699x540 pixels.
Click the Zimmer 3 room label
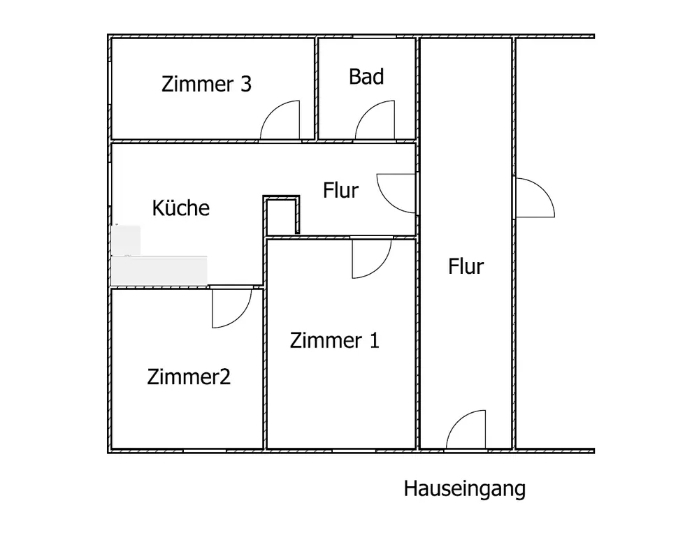point(206,85)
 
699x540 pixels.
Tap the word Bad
point(366,77)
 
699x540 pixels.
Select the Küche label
point(181,207)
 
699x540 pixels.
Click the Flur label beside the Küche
point(340,190)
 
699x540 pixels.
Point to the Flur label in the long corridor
point(466,266)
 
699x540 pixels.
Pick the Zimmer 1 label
point(334,341)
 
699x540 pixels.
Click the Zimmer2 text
point(189,377)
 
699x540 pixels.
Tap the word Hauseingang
point(464,489)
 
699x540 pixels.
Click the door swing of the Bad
point(376,122)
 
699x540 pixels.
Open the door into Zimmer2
point(231,308)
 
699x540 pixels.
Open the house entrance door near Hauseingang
point(466,429)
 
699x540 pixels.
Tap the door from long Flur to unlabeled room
point(533,198)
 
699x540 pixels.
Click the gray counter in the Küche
point(161,270)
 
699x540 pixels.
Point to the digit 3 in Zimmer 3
point(245,85)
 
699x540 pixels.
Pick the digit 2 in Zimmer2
point(224,377)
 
